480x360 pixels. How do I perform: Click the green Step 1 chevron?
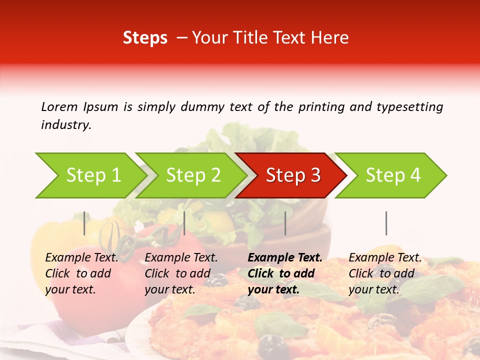click(x=90, y=175)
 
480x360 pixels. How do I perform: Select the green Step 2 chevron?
click(x=192, y=175)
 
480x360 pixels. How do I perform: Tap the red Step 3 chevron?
click(x=292, y=175)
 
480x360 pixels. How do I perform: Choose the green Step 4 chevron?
click(x=392, y=175)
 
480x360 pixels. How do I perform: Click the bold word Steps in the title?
click(x=145, y=38)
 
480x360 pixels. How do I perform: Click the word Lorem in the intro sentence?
click(x=59, y=106)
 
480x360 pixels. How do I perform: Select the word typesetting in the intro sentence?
click(x=409, y=106)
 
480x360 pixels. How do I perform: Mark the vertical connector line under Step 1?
click(x=84, y=223)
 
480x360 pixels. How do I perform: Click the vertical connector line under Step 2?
click(x=184, y=223)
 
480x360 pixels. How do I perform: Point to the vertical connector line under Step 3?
click(x=285, y=223)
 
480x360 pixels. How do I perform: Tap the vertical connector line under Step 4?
click(x=386, y=223)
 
